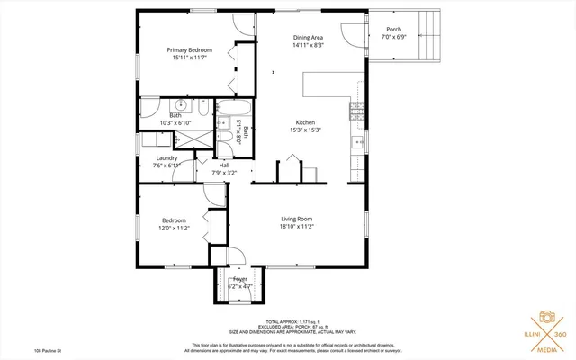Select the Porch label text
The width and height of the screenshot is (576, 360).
point(393,29)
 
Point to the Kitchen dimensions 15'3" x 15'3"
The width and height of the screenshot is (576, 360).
point(306,130)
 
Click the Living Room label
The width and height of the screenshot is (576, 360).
point(296,219)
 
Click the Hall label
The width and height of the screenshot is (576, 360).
point(224,165)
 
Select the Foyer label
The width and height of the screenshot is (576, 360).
point(239,279)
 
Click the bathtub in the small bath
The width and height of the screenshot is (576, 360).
point(236,116)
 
